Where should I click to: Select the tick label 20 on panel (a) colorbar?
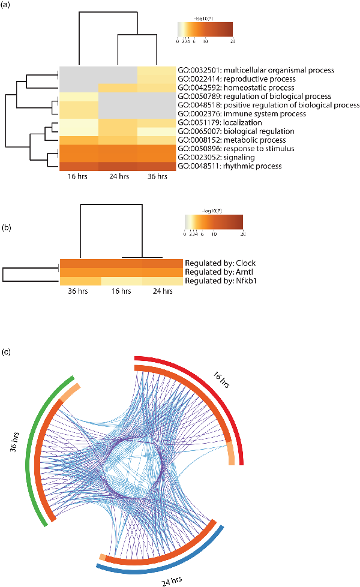(x=232, y=41)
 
